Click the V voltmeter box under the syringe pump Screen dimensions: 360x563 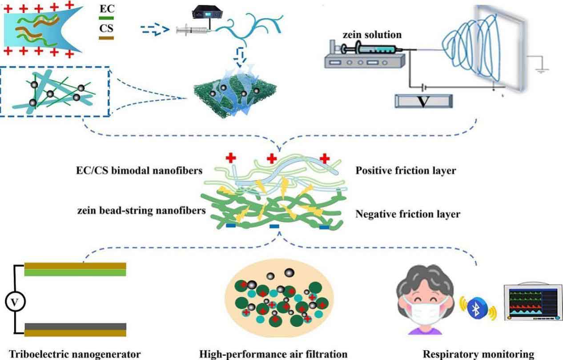point(424,101)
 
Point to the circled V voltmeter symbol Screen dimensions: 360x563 point(15,303)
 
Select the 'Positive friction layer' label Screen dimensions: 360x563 point(406,170)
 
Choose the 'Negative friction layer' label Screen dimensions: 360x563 point(408,214)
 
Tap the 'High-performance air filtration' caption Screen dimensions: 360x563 point(273,354)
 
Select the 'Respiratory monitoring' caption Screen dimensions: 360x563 point(478,354)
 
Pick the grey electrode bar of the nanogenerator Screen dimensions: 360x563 point(75,327)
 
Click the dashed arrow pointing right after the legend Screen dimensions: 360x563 point(155,30)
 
